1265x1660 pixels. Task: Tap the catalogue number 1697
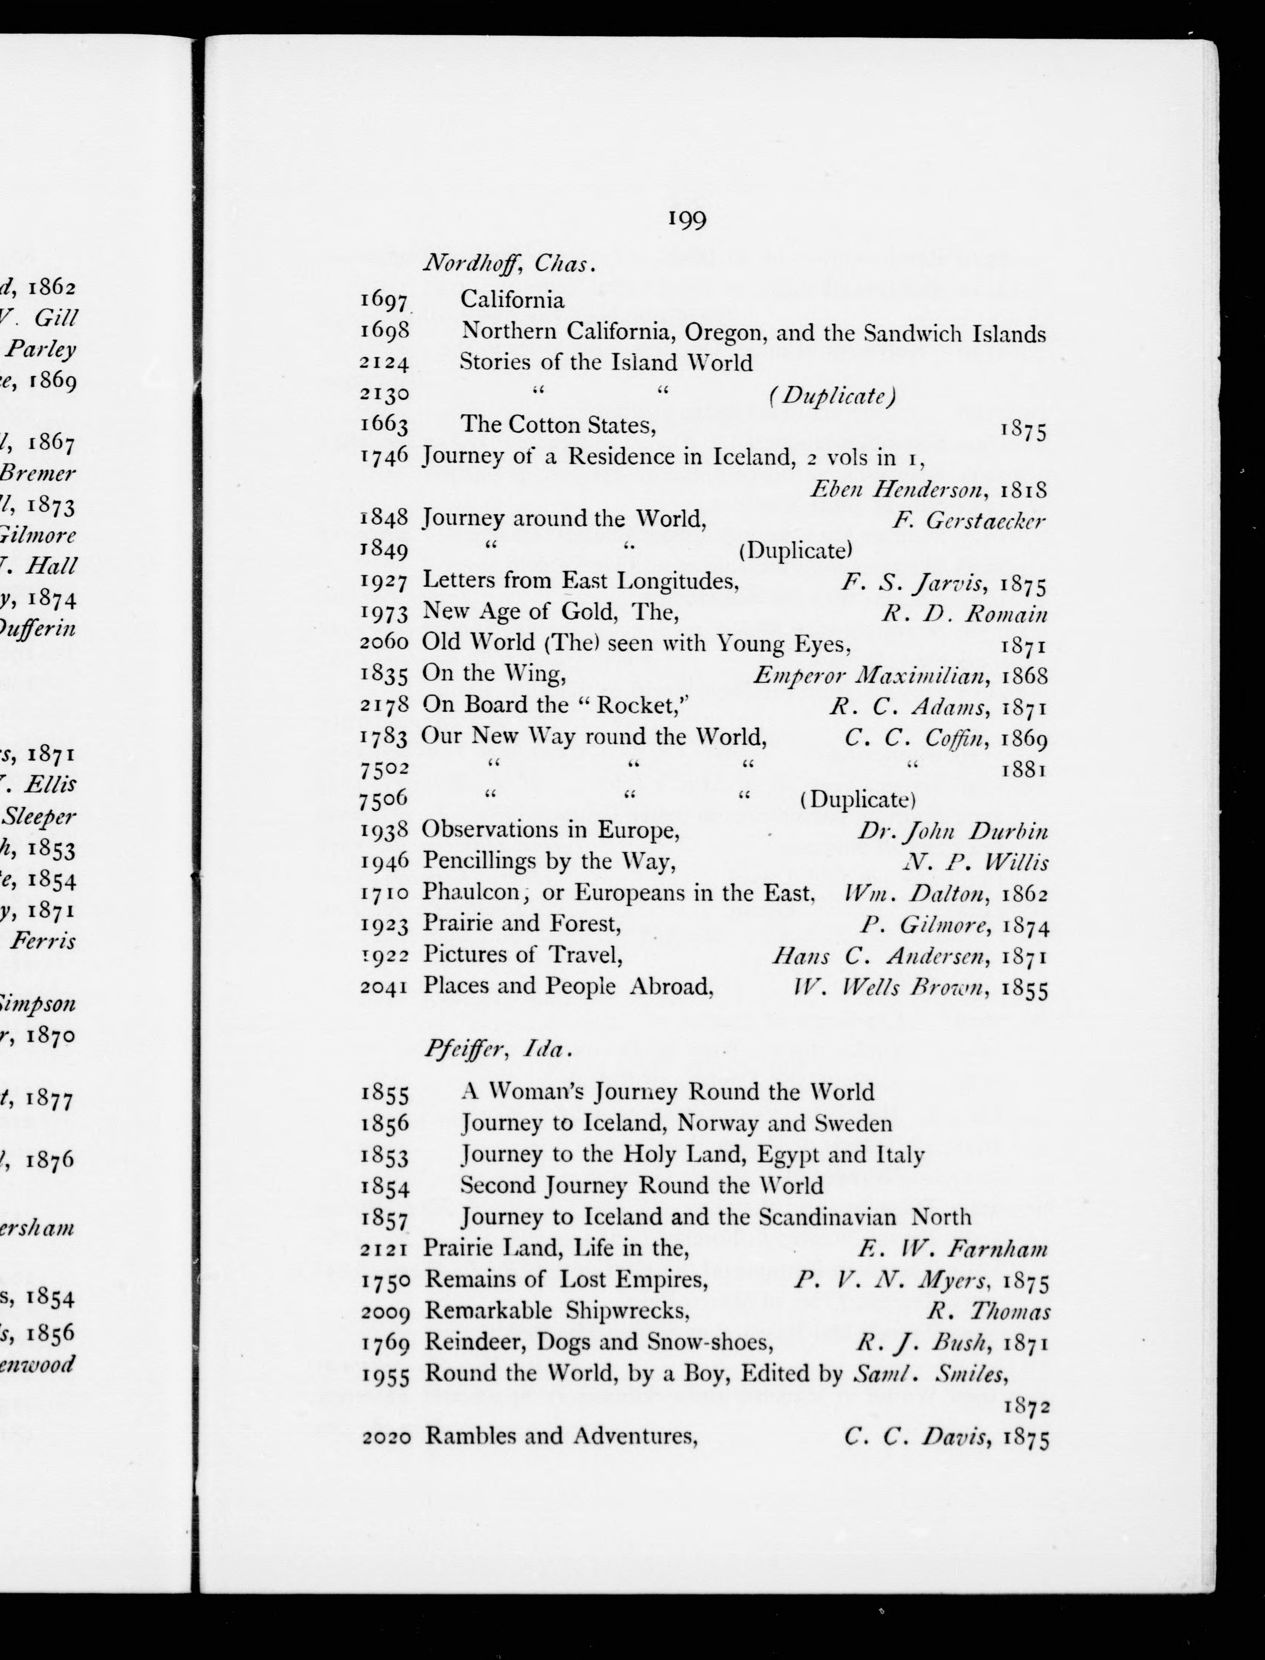[x=384, y=300]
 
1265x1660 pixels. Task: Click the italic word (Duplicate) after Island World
[x=831, y=395]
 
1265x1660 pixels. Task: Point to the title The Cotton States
[x=557, y=426]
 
